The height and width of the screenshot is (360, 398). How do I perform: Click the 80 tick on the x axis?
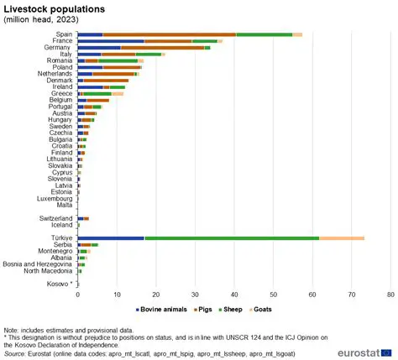(390, 295)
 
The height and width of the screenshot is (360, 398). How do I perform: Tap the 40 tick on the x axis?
(234, 295)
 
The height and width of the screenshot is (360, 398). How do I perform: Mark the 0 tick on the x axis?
(78, 295)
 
